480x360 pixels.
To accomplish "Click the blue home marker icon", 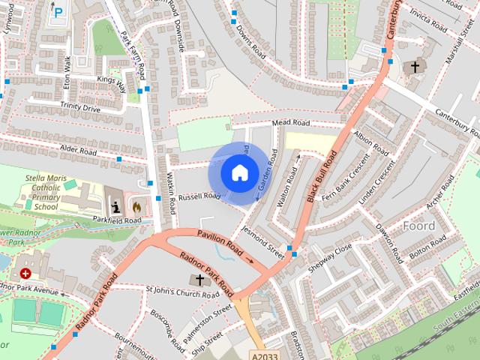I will tap(239, 172).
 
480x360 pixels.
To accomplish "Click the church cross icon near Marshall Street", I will tap(413, 67).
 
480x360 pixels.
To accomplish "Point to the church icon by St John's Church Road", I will tap(199, 280).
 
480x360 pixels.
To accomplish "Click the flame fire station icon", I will tap(136, 205).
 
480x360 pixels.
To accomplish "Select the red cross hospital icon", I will tap(27, 274).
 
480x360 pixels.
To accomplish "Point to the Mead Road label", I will tap(290, 122).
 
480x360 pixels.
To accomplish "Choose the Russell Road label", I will tap(200, 196).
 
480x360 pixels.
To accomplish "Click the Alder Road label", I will tap(79, 151).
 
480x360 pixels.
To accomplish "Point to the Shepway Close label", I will tap(333, 257).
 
